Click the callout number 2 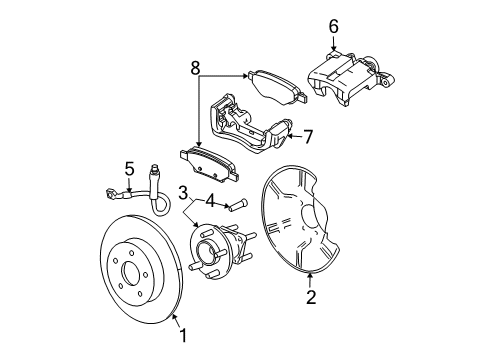coord(311,297)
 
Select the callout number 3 coord(183,191)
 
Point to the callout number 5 coord(128,169)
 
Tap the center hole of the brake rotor coord(128,272)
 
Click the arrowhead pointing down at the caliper coord(333,43)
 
